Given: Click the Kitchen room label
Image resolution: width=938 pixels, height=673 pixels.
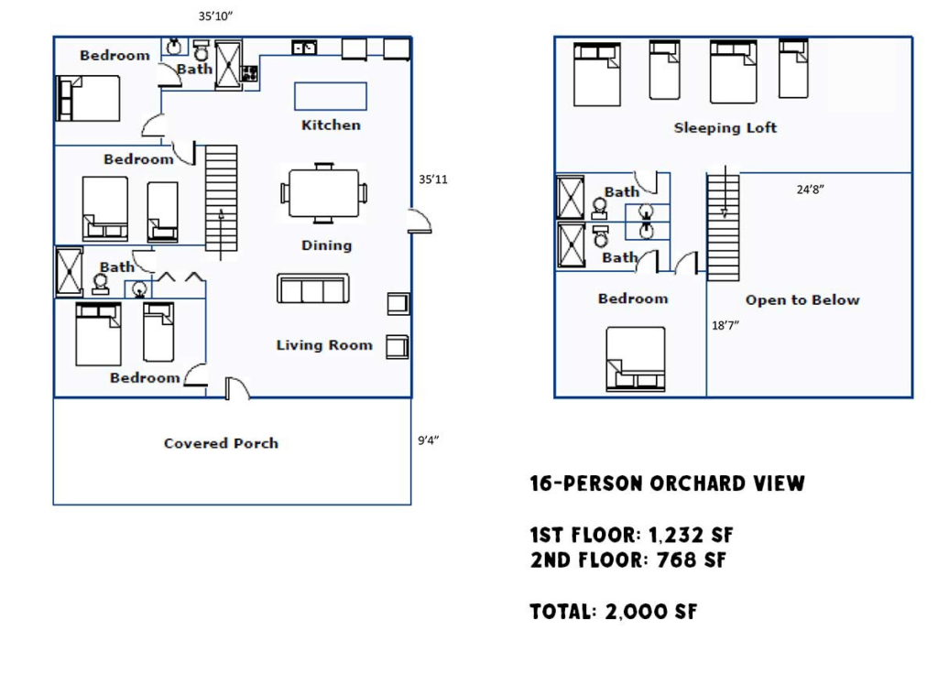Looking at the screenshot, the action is pos(331,125).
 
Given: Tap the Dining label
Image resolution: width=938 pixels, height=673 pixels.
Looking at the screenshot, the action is pos(327,245).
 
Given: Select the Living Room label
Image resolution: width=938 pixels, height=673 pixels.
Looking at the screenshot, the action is pos(324,345).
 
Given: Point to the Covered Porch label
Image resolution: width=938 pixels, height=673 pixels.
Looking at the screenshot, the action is pos(222,443).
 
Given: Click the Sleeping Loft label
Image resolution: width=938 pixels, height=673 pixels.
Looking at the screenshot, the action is pos(725,127).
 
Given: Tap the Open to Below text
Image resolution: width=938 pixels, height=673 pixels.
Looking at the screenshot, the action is pos(802,299).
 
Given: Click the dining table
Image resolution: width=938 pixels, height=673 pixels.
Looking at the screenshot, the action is pos(323,193).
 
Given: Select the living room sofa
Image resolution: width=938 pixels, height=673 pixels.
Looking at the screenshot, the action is pos(313,288).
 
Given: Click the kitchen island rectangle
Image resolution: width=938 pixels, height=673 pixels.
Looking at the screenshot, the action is pos(330,96).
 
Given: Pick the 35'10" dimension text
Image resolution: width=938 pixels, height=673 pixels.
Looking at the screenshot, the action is pos(215,16).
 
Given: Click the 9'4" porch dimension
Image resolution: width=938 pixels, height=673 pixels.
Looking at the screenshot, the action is pos(429,441).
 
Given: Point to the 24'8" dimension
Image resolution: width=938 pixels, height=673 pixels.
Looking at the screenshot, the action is pos(811,190).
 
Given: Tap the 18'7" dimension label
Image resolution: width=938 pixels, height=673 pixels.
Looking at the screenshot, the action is pos(725,325).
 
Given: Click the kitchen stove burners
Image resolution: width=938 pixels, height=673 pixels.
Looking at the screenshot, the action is pos(249,73).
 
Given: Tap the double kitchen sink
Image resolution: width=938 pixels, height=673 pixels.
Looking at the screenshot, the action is pos(304,48).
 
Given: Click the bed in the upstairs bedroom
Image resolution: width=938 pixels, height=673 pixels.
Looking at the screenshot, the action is pos(636,359).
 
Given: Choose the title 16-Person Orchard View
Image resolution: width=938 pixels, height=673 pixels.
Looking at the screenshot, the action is pos(668,483).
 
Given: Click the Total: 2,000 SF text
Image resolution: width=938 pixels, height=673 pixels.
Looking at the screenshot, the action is pos(614,612).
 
